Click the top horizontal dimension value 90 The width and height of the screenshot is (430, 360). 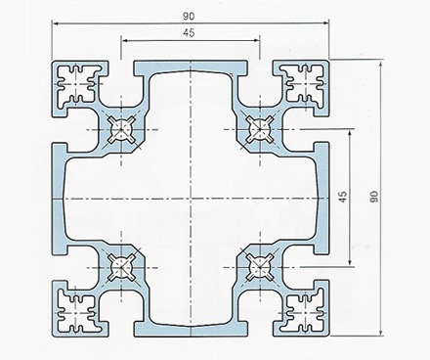click(189, 16)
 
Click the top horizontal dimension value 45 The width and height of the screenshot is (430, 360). click(189, 32)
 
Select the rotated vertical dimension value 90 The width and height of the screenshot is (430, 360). click(374, 197)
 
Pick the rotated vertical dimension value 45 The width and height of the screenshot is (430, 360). click(343, 197)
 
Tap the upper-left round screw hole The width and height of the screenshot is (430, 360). click(121, 129)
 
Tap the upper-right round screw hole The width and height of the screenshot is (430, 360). click(260, 129)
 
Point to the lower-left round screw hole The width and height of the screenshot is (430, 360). click(121, 267)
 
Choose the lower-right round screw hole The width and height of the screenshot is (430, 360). click(260, 267)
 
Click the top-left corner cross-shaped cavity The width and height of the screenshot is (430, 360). click(77, 84)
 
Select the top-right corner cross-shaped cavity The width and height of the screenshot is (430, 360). click(305, 84)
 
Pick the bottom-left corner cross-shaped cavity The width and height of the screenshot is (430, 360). click(77, 313)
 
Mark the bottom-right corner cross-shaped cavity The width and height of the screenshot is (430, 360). click(305, 313)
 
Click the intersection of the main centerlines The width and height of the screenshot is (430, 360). click(191, 199)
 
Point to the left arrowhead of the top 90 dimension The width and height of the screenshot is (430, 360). click(56, 23)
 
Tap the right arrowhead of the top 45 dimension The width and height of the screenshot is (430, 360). click(256, 40)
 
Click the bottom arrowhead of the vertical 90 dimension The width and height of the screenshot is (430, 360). click(380, 332)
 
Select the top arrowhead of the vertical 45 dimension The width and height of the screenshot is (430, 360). click(350, 133)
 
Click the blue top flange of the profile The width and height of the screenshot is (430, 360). click(191, 67)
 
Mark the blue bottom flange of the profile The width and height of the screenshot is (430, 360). click(191, 330)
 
